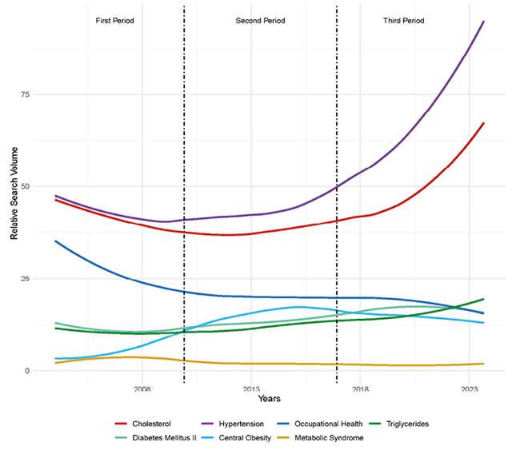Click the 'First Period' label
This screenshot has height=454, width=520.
[x=114, y=20]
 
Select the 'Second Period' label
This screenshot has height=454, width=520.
[x=260, y=20]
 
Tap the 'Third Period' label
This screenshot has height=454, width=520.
[x=404, y=20]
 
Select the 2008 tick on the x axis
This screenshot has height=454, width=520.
[x=142, y=389]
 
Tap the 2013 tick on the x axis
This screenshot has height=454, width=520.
[x=251, y=389]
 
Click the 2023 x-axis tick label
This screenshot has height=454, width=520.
[x=470, y=389]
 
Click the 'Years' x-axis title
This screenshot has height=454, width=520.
[x=270, y=398]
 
